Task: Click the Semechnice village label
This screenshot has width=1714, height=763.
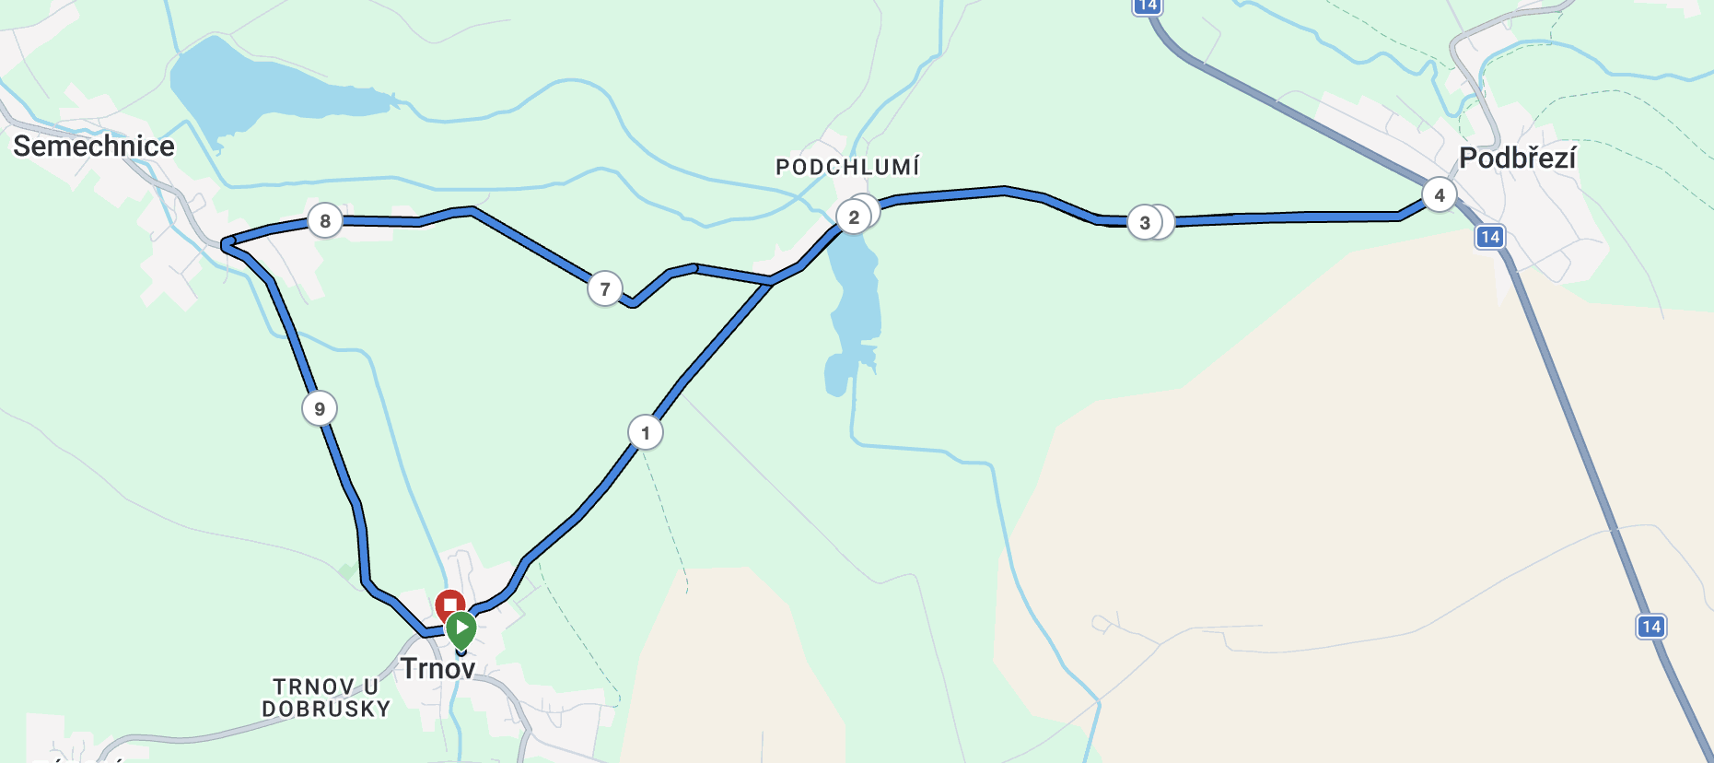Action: (x=93, y=146)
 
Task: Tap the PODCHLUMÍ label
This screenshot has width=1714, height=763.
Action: (x=847, y=167)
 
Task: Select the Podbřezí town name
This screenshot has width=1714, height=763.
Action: (x=1517, y=158)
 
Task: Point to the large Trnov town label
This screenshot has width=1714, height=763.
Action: (x=437, y=668)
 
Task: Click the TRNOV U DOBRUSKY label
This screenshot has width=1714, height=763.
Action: (x=326, y=698)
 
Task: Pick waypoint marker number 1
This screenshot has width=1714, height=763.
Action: (x=645, y=432)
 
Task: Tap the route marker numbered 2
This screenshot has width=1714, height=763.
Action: (x=854, y=217)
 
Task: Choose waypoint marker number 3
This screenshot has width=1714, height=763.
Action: (x=1145, y=222)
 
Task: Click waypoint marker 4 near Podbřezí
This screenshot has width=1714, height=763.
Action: (x=1439, y=195)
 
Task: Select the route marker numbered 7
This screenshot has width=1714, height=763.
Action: (x=604, y=289)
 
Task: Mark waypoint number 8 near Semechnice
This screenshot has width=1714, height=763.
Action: (x=324, y=221)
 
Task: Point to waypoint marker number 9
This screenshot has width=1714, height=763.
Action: (x=320, y=408)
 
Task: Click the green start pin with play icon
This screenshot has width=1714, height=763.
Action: (x=461, y=629)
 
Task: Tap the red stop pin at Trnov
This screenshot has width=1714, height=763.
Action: (x=449, y=605)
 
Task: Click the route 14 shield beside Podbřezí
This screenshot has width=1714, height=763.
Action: (x=1489, y=237)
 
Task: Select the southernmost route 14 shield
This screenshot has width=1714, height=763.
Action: (x=1650, y=627)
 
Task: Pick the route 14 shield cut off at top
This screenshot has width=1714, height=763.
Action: (x=1147, y=6)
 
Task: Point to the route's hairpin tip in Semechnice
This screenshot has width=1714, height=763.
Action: (x=225, y=243)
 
